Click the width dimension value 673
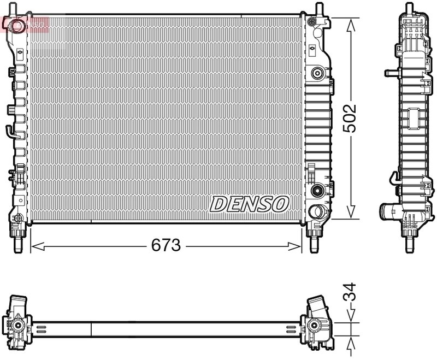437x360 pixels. pyautogui.click(x=166, y=246)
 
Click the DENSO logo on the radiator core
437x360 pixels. pyautogui.click(x=249, y=204)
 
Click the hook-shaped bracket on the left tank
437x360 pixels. pyautogui.click(x=11, y=131)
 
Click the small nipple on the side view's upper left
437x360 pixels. pyautogui.click(x=389, y=73)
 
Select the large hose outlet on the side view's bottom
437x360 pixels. pyautogui.click(x=389, y=210)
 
